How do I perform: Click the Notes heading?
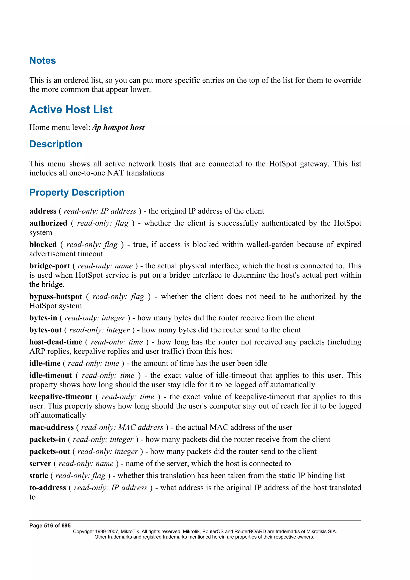click(x=42, y=61)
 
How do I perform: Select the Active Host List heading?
click(x=71, y=110)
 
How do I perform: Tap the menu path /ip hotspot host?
click(x=119, y=127)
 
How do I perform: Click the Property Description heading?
click(x=77, y=193)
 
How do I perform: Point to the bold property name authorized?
click(x=48, y=223)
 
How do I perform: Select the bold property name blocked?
click(x=43, y=245)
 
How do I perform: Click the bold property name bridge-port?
click(x=49, y=266)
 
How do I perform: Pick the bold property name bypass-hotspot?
click(x=56, y=297)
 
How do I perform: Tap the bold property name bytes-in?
click(x=43, y=318)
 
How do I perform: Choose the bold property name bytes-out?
click(x=45, y=330)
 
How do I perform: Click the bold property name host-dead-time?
click(x=56, y=342)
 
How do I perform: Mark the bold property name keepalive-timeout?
click(x=61, y=397)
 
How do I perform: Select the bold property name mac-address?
click(x=51, y=427)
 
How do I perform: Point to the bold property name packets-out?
click(x=49, y=452)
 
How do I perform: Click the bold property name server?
click(x=40, y=464)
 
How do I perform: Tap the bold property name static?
click(x=38, y=476)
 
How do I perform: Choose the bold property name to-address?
click(x=47, y=488)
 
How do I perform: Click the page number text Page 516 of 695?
click(x=50, y=526)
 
